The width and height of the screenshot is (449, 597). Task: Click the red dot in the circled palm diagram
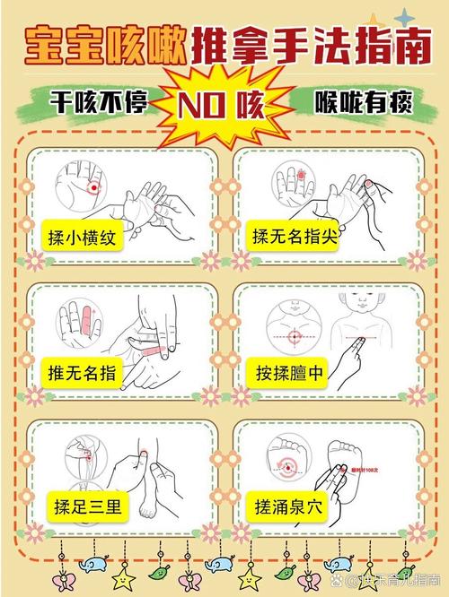tap(92, 188)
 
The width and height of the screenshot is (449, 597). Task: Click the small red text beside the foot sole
tap(366, 468)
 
